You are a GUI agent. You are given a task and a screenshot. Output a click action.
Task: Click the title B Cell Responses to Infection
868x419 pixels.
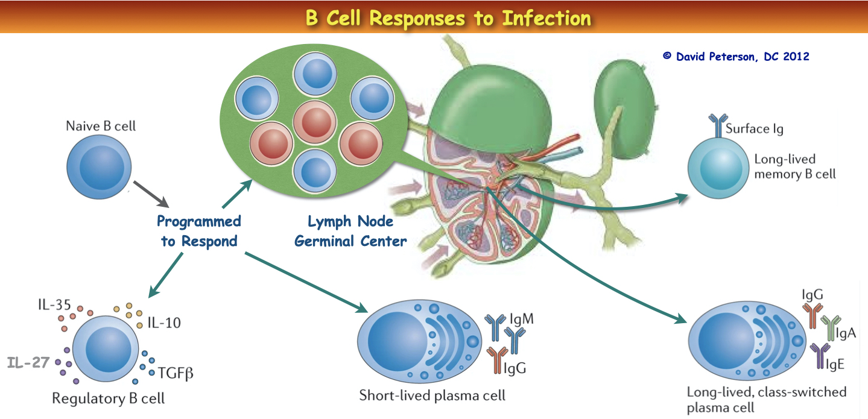pyautogui.click(x=449, y=17)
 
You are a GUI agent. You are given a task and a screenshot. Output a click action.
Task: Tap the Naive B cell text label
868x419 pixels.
pyautogui.click(x=101, y=126)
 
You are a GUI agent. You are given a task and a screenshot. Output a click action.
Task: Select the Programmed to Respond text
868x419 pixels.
pyautogui.click(x=198, y=231)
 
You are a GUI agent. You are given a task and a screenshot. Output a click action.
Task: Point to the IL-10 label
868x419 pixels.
pyautogui.click(x=164, y=323)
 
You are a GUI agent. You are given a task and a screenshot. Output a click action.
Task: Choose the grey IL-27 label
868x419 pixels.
pyautogui.click(x=28, y=362)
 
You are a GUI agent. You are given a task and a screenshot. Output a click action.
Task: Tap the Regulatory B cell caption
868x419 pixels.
pyautogui.click(x=108, y=399)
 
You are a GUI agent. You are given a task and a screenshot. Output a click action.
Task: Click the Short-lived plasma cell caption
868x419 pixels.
pyautogui.click(x=432, y=395)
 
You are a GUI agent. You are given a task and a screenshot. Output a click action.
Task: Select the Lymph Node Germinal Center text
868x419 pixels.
pyautogui.click(x=357, y=230)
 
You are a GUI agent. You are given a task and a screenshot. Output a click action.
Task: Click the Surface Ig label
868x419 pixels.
pyautogui.click(x=754, y=128)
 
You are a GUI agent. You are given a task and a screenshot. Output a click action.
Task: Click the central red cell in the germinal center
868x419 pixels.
pyautogui.click(x=314, y=120)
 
